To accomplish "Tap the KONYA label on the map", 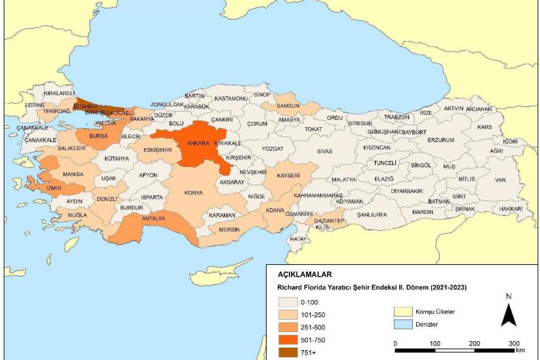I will point(193,193).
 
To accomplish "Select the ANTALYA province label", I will point(153,218).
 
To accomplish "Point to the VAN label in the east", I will point(500,179).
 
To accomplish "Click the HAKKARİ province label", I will point(511,208).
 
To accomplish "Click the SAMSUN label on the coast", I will point(288,106).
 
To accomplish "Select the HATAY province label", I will point(298,239).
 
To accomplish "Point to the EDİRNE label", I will point(35,104).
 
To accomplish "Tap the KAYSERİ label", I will point(288,176).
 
